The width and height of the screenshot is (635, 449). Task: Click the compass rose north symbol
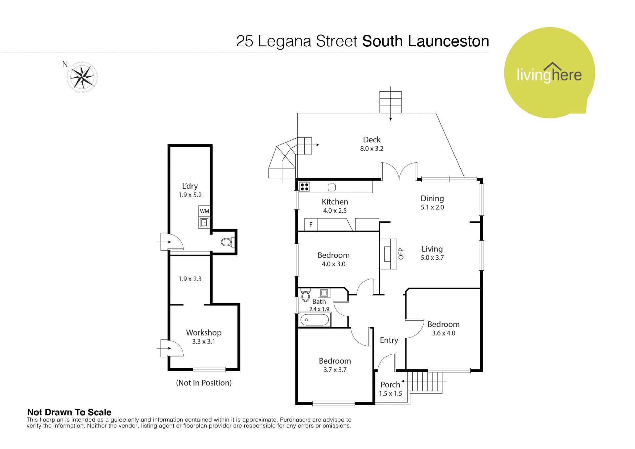[x=82, y=77]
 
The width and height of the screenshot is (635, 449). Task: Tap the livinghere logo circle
[x=549, y=73]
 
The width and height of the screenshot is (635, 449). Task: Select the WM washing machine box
[x=204, y=211]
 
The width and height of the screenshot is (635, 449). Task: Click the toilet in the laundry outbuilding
[x=228, y=242]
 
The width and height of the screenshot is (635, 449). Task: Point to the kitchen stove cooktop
[x=304, y=187]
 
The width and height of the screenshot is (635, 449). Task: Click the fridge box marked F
[x=311, y=225]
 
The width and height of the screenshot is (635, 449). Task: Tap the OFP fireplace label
[x=401, y=254]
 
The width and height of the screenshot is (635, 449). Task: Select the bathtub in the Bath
[x=315, y=320]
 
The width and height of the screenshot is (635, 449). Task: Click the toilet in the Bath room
[x=306, y=295]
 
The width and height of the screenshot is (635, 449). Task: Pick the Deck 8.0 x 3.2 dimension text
[x=372, y=149]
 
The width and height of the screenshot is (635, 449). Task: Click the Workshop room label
[x=204, y=333]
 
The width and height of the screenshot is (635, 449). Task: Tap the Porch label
[x=390, y=384]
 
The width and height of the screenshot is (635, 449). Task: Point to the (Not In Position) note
[x=204, y=383]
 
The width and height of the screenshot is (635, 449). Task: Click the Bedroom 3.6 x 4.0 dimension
[x=444, y=333]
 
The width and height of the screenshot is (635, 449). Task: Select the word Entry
[x=389, y=340]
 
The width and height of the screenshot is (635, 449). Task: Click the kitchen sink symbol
[x=332, y=188]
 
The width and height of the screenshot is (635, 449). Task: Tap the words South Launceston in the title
[x=426, y=41]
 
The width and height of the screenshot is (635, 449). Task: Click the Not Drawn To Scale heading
[x=69, y=412]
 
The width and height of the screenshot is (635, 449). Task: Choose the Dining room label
[x=432, y=199]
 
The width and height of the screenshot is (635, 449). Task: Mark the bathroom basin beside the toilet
[x=324, y=293]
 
